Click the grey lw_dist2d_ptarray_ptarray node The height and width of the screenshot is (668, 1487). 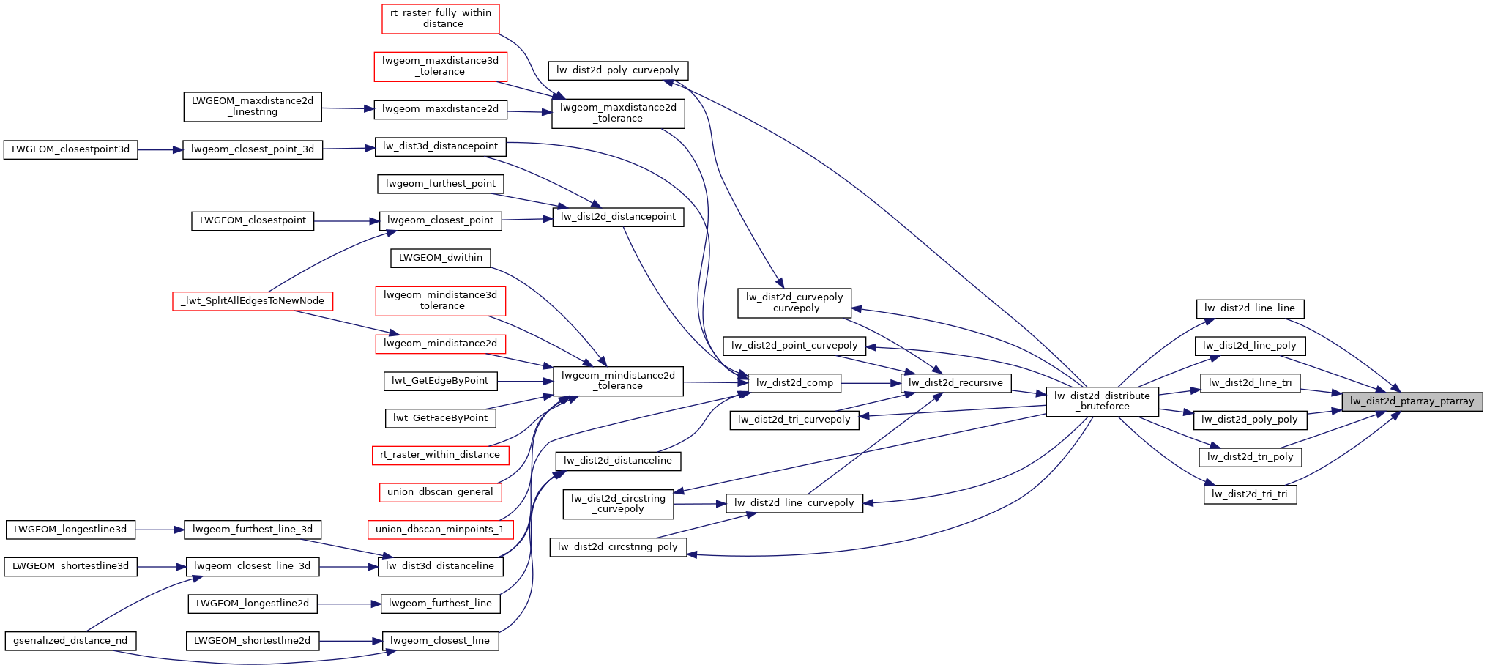(1412, 401)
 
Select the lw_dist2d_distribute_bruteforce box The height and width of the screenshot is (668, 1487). (1102, 401)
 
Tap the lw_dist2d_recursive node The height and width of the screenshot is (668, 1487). (955, 383)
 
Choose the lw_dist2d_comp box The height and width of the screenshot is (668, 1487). (794, 383)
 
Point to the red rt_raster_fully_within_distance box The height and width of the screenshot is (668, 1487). (440, 18)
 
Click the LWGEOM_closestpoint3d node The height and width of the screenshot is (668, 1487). (70, 149)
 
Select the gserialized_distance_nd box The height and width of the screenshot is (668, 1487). (70, 641)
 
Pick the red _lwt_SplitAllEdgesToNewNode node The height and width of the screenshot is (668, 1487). (253, 301)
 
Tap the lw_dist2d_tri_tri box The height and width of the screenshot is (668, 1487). (1250, 494)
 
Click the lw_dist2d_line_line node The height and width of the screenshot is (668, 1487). (1250, 308)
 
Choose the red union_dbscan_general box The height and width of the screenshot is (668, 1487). (440, 492)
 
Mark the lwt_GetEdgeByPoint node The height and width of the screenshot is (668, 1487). (440, 381)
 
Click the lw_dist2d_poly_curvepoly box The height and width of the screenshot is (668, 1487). (618, 70)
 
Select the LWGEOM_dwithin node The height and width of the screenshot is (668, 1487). (440, 258)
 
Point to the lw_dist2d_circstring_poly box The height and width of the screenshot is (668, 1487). (618, 547)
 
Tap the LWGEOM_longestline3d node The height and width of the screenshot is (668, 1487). (70, 530)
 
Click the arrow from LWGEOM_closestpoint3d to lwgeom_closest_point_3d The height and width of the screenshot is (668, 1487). (160, 150)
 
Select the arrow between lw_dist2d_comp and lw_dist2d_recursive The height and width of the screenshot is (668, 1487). (871, 383)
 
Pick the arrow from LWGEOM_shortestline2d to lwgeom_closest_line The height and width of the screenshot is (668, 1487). (350, 642)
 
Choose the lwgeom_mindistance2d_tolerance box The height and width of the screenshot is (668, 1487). (618, 381)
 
